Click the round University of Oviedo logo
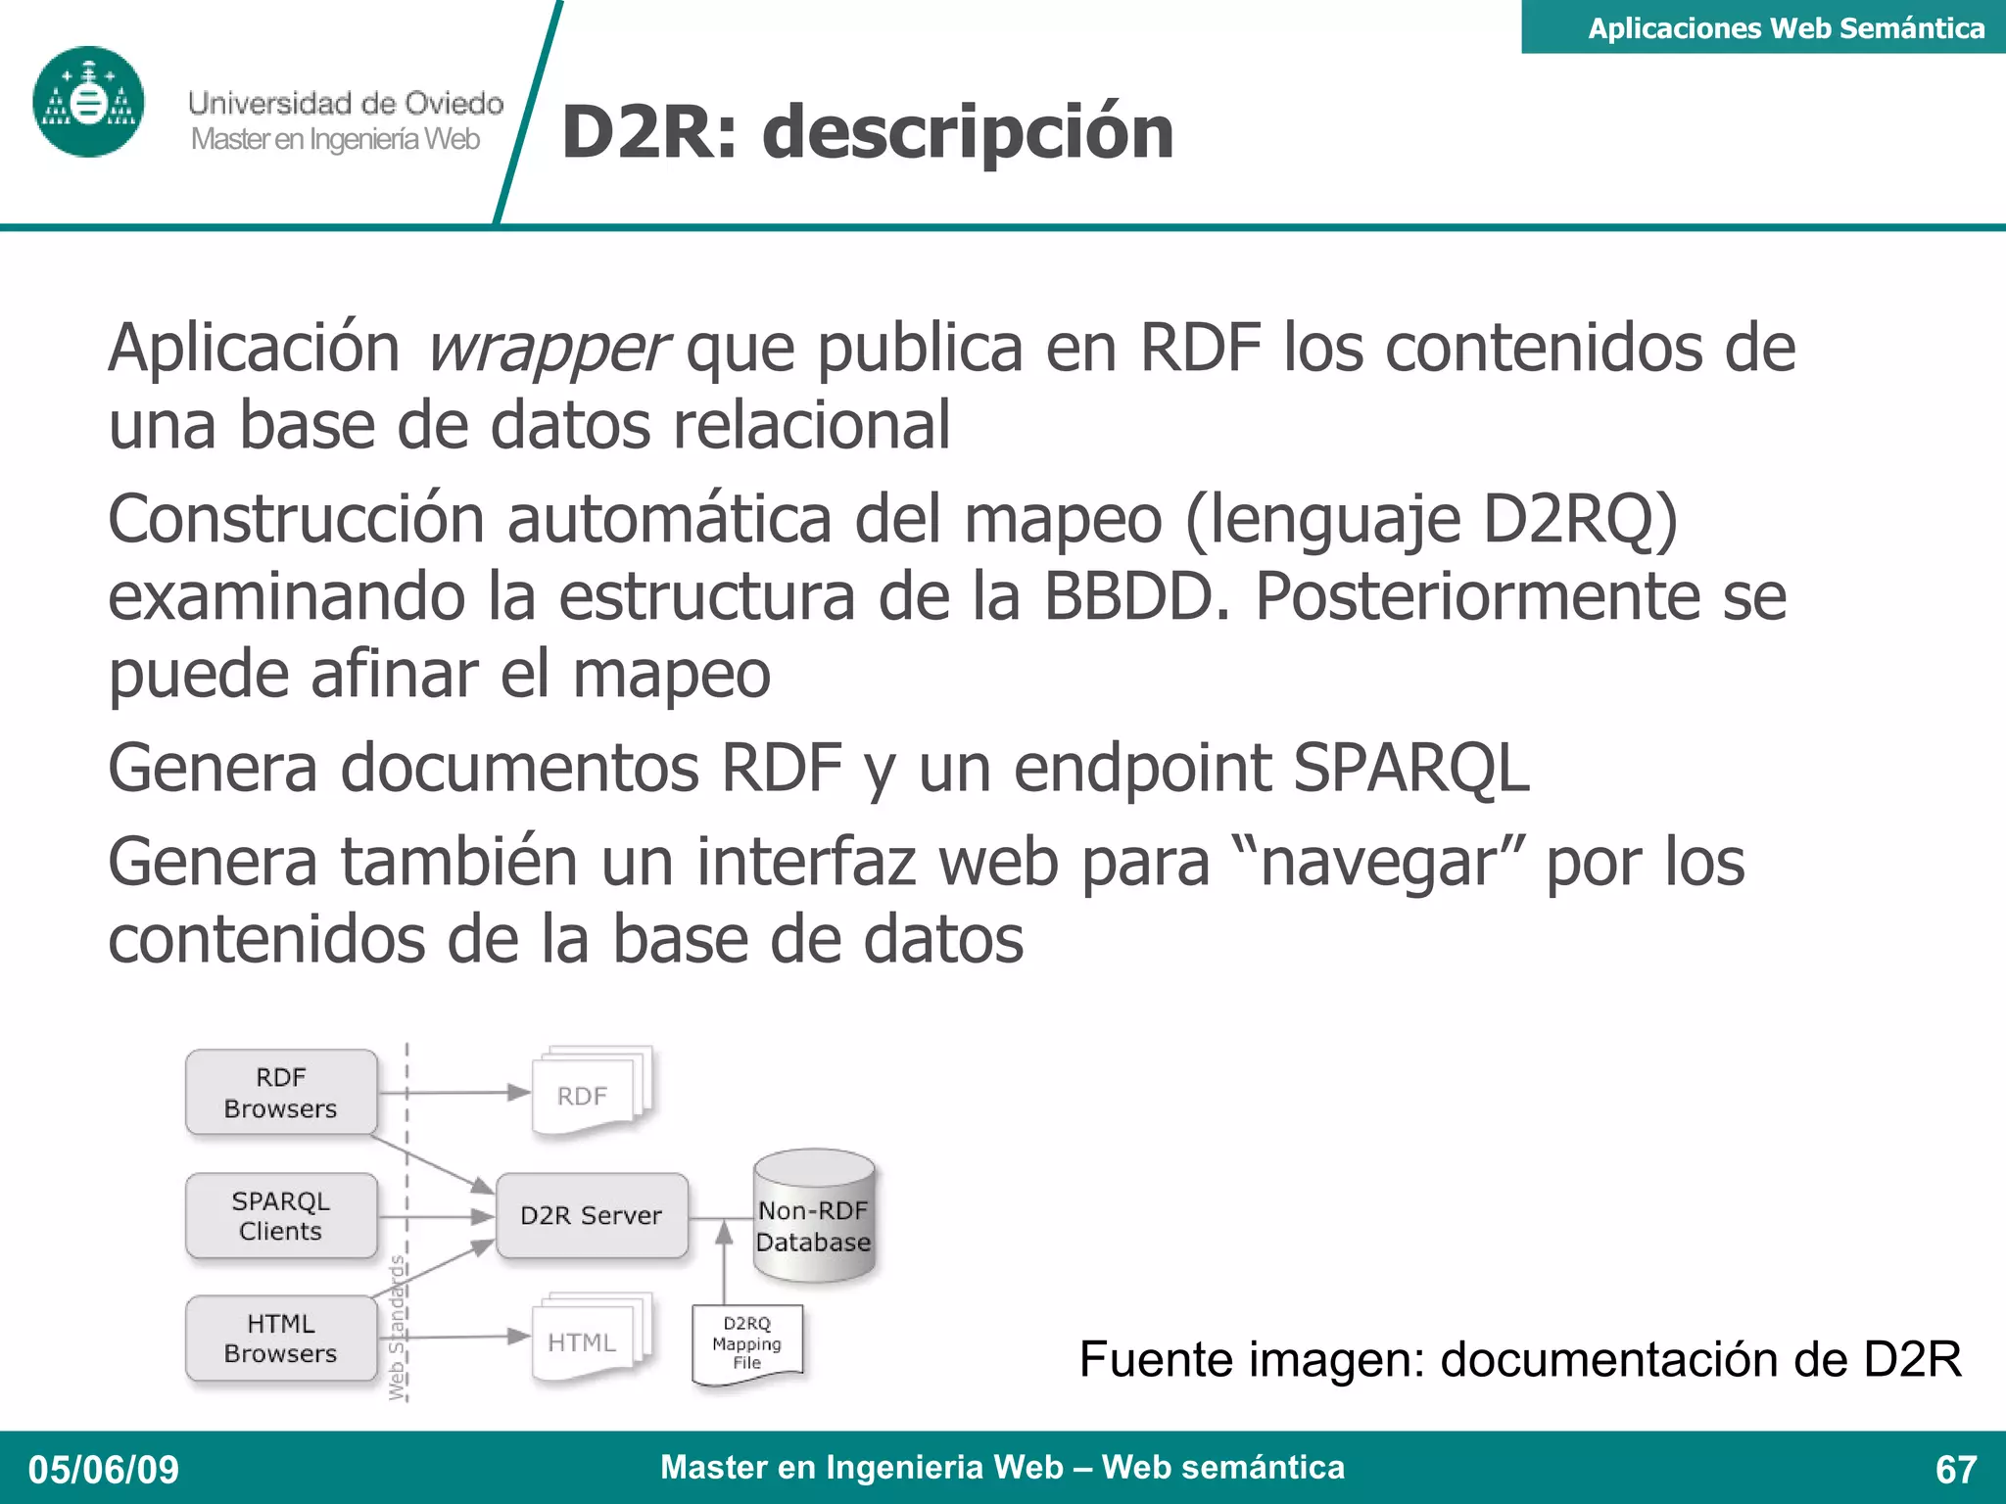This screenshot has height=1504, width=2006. click(x=88, y=102)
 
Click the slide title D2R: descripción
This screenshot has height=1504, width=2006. click(x=867, y=132)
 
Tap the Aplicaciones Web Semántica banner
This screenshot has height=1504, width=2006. click(x=1785, y=27)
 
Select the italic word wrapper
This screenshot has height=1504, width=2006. click(x=547, y=349)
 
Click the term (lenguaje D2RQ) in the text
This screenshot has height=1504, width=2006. click(x=1431, y=519)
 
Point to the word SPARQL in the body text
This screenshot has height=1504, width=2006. click(x=1410, y=768)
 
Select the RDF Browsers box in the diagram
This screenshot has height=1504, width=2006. click(x=281, y=1093)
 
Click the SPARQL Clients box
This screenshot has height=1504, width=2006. click(x=281, y=1215)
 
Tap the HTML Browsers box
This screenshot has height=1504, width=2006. click(x=281, y=1339)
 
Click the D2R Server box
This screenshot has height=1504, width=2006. click(x=592, y=1215)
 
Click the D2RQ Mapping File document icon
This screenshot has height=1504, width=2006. click(x=747, y=1343)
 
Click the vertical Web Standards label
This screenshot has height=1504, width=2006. click(x=397, y=1327)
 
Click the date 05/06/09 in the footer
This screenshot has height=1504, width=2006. click(x=104, y=1470)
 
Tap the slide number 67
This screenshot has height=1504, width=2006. click(x=1955, y=1470)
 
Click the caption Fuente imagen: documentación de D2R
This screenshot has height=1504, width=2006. click(x=1519, y=1359)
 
